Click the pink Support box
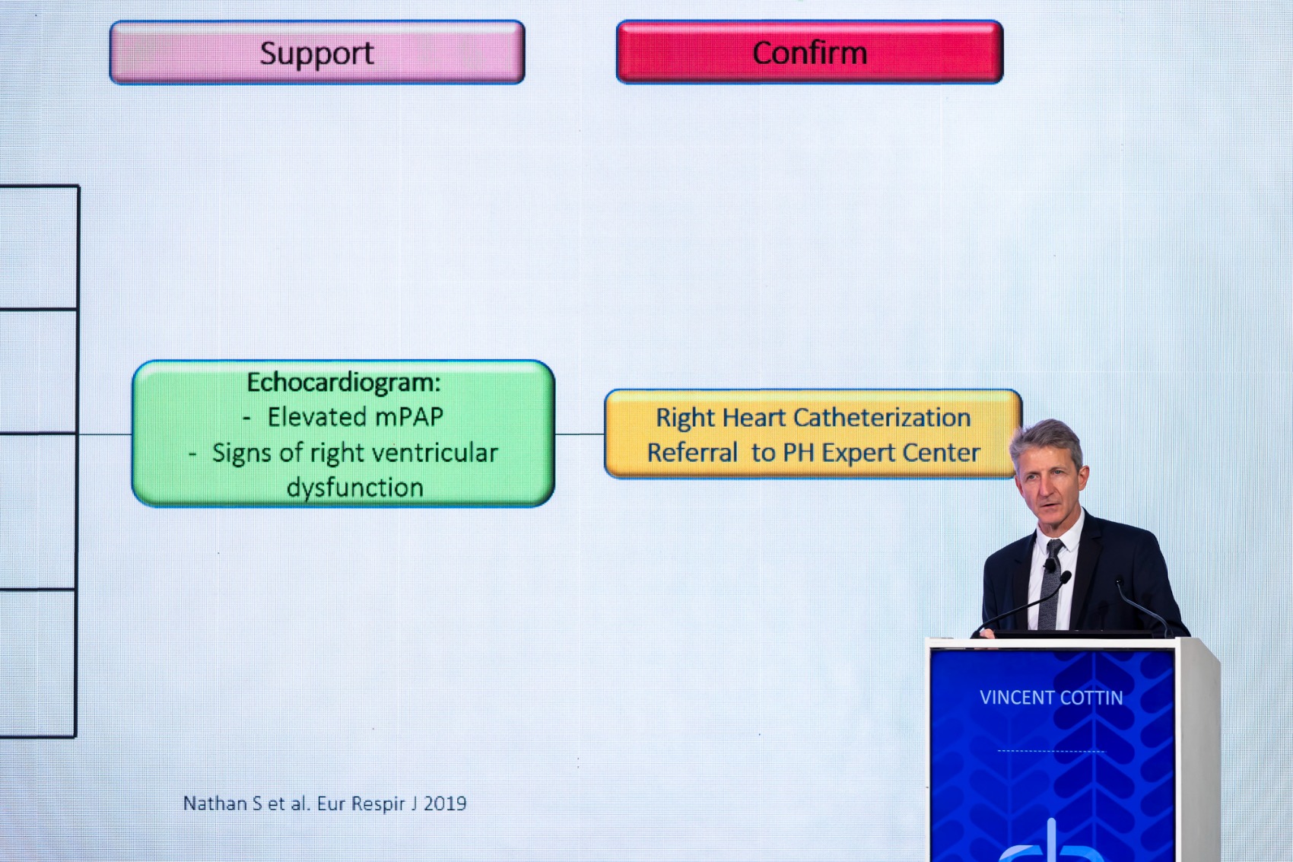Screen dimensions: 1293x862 click(x=317, y=52)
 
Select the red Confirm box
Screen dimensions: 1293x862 click(x=809, y=52)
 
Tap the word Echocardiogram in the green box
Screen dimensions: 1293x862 click(x=343, y=383)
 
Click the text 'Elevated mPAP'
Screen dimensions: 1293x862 click(x=355, y=417)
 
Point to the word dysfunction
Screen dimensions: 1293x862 click(x=355, y=488)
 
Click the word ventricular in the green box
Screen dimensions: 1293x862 click(x=430, y=453)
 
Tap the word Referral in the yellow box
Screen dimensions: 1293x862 click(x=692, y=453)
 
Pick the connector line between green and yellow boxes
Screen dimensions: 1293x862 click(x=580, y=434)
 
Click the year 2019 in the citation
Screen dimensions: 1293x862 click(x=444, y=803)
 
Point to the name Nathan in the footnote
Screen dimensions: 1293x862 click(x=215, y=803)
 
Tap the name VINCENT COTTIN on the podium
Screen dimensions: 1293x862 click(x=1051, y=698)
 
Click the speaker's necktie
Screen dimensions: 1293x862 click(x=1050, y=586)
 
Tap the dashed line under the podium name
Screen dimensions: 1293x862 click(x=1050, y=751)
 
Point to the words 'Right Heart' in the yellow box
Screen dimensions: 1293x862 click(x=720, y=418)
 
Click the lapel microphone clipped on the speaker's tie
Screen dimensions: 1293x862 click(x=1049, y=565)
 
